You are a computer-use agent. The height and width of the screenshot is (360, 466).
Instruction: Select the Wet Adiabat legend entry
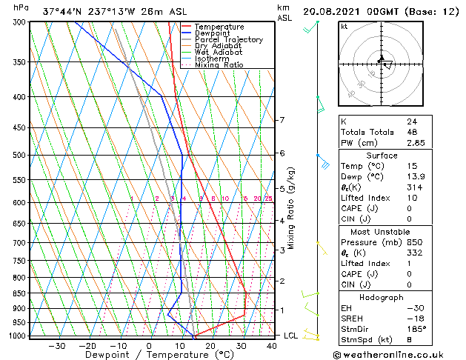pyautogui.click(x=219, y=52)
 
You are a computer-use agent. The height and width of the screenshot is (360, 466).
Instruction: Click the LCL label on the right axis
pyautogui.click(x=291, y=336)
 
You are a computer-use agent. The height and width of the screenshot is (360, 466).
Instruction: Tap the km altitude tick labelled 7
pyautogui.click(x=282, y=120)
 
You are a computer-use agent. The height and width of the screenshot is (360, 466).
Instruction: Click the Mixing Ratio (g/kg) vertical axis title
pyautogui.click(x=291, y=207)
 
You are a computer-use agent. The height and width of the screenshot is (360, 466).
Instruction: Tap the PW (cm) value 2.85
pyautogui.click(x=416, y=143)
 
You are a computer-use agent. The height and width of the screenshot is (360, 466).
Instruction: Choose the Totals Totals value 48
pyautogui.click(x=412, y=132)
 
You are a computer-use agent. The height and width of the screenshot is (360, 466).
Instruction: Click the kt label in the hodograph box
pyautogui.click(x=344, y=26)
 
